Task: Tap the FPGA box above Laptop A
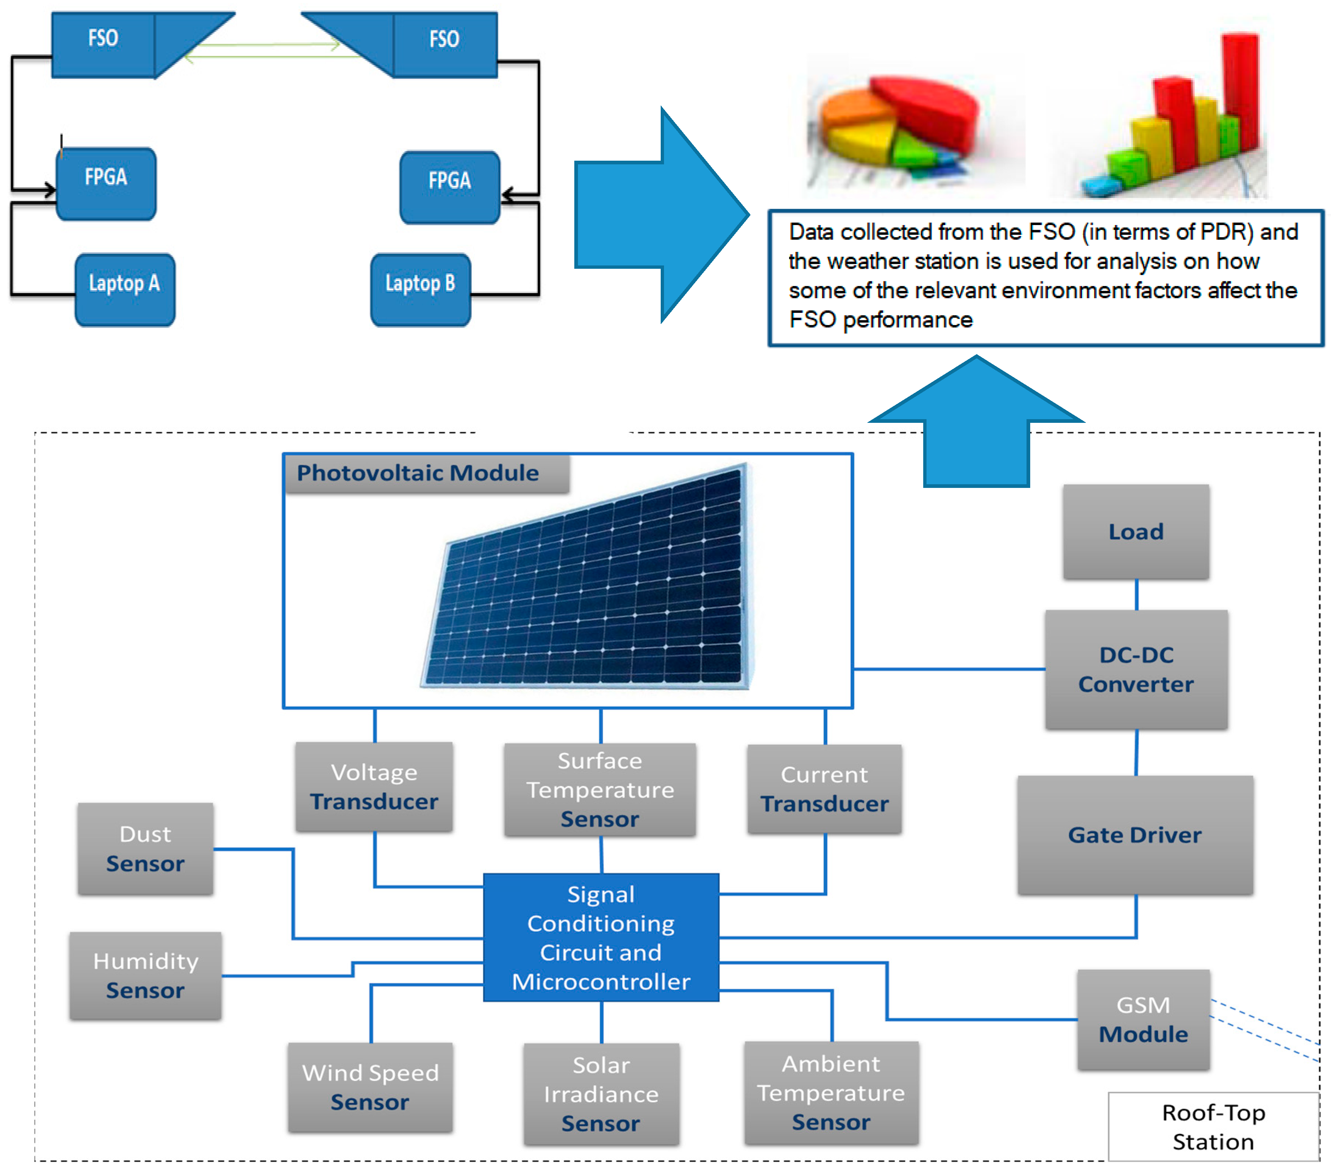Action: point(106,183)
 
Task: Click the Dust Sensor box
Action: point(145,849)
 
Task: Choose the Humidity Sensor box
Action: point(145,975)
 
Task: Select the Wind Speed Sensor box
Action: point(370,1087)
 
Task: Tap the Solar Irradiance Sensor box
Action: point(601,1093)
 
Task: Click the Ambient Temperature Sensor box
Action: point(831,1092)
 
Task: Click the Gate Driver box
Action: point(1135,835)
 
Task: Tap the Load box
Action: point(1136,531)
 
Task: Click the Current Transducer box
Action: point(824,789)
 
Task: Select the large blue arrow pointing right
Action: point(660,214)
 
